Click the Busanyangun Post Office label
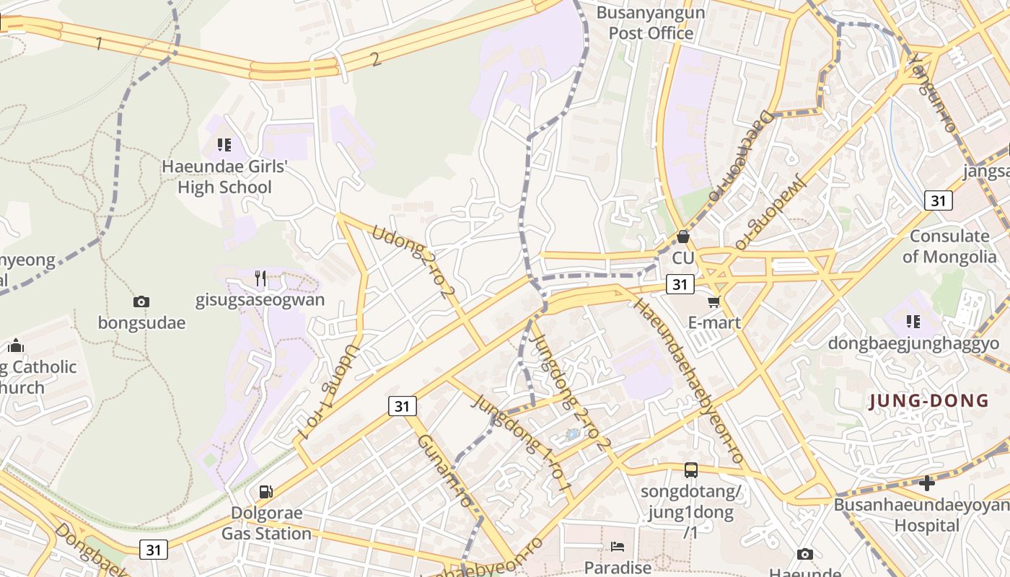pos(651,23)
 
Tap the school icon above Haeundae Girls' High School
pos(224,145)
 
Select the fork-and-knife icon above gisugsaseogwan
pos(260,278)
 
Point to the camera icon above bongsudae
pos(141,301)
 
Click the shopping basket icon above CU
pos(682,237)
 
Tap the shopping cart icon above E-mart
pos(714,301)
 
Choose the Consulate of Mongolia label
pos(949,246)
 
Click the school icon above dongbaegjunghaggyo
pos(913,321)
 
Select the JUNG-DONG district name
pos(929,401)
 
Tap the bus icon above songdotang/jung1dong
pos(691,470)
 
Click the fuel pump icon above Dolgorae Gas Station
pos(266,492)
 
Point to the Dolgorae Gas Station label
pos(266,524)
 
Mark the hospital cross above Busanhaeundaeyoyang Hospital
pos(927,483)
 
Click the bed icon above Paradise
pos(618,547)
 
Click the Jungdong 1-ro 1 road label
pos(522,445)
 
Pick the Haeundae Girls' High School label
pos(224,177)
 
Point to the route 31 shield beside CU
pos(680,284)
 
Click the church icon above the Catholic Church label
pos(16,346)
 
